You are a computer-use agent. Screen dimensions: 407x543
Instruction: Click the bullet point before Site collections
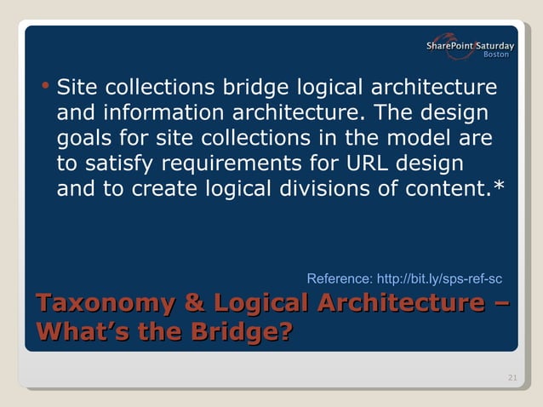pyautogui.click(x=45, y=86)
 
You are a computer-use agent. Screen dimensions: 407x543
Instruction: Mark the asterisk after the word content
pyautogui.click(x=499, y=185)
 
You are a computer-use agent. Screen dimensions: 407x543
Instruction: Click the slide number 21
pyautogui.click(x=511, y=378)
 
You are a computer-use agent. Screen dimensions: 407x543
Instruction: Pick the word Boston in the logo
pyautogui.click(x=496, y=54)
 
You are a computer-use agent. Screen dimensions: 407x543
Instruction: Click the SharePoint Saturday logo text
pyautogui.click(x=471, y=44)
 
